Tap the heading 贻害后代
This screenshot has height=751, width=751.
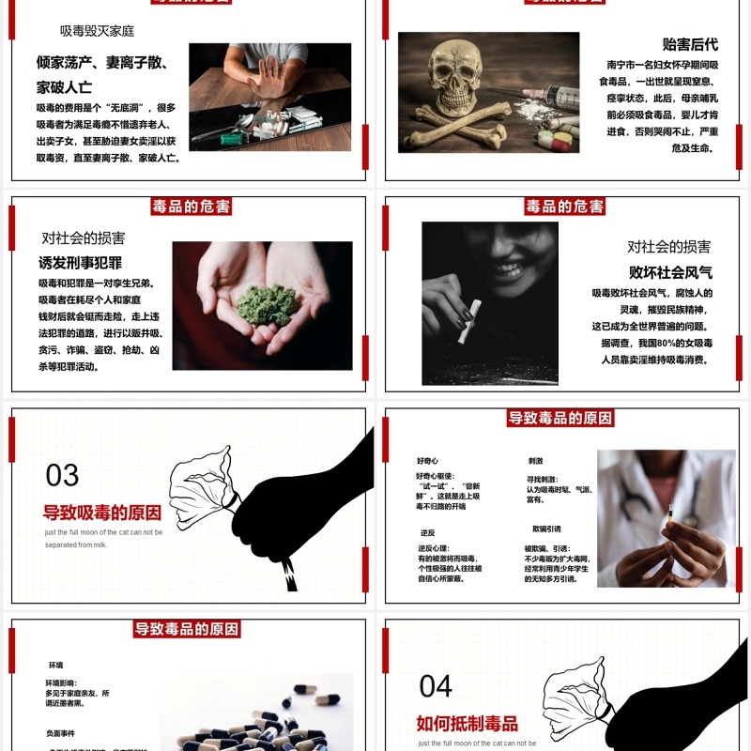tap(690, 44)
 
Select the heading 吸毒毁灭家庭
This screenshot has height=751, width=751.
tap(97, 31)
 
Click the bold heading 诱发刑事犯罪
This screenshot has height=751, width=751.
tap(80, 263)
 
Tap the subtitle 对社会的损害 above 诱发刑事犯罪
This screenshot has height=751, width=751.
tap(84, 238)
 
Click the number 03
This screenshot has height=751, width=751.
tap(63, 475)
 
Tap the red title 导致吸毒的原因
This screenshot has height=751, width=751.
tap(102, 513)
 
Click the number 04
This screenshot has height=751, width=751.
tap(436, 686)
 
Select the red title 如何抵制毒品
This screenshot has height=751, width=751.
tap(467, 723)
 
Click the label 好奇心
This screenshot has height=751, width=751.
tap(427, 461)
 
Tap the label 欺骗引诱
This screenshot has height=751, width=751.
tap(546, 529)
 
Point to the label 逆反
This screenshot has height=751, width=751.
tap(427, 532)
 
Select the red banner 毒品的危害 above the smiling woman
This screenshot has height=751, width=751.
tap(564, 207)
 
